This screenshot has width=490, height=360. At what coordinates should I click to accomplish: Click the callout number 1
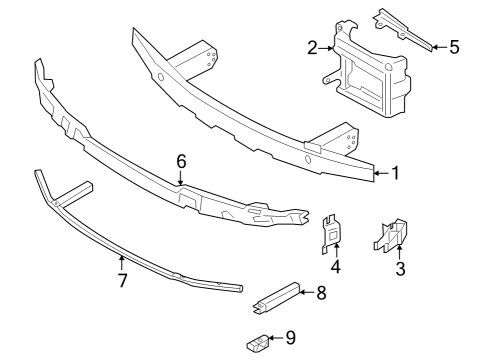(x=395, y=173)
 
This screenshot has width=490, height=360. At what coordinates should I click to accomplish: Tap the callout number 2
(x=312, y=47)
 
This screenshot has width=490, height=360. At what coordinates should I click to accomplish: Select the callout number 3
(x=399, y=267)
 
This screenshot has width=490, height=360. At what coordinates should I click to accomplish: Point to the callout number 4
(x=336, y=267)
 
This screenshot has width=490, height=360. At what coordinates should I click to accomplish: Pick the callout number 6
(x=181, y=159)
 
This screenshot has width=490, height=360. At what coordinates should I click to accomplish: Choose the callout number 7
(x=122, y=281)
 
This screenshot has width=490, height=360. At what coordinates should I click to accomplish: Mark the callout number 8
(x=321, y=293)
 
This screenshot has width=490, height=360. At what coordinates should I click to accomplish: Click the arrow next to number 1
(x=378, y=173)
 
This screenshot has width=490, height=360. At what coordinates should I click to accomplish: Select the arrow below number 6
(x=181, y=177)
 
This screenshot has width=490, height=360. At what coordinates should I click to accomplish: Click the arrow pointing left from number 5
(x=436, y=45)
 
